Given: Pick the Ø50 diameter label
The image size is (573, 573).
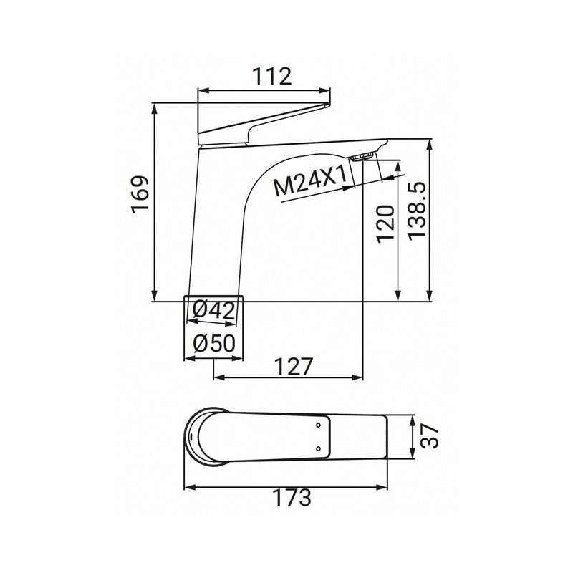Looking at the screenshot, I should [x=213, y=343].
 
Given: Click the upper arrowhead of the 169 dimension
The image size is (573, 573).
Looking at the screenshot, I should [x=155, y=107].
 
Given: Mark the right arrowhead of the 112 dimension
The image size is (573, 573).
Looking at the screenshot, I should [x=329, y=90].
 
